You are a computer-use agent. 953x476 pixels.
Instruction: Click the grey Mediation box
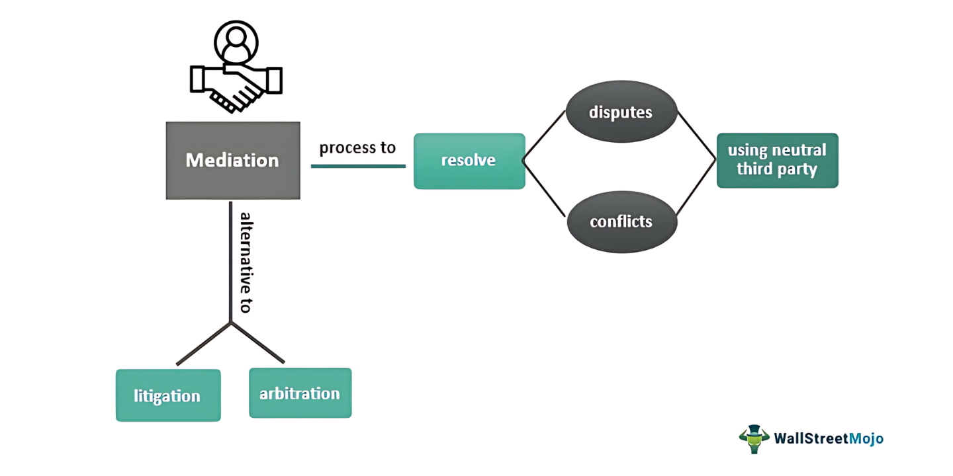tap(232, 161)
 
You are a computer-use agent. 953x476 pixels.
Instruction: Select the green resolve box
tap(469, 161)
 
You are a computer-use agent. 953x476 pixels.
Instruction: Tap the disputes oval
tap(621, 112)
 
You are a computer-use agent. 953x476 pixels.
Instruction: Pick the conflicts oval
tap(621, 221)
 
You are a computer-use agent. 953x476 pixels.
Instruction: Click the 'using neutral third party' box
tap(777, 160)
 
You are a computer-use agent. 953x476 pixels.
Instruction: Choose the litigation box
tap(167, 395)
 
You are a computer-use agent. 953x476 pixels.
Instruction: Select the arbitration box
tap(300, 393)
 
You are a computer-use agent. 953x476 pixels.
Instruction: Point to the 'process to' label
tap(357, 147)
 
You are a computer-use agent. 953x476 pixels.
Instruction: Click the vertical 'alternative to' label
tap(245, 262)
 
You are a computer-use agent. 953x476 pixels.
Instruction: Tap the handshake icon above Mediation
tap(236, 86)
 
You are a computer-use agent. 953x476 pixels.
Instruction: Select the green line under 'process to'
tap(358, 166)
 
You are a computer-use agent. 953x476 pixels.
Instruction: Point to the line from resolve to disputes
tap(544, 135)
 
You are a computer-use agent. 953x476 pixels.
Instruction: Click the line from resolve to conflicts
tap(544, 188)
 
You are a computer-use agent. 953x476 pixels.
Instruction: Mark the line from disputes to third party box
tap(696, 136)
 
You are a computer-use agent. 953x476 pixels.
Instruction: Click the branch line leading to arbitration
tap(257, 343)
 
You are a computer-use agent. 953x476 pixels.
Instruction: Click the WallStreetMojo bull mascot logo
tap(754, 438)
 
